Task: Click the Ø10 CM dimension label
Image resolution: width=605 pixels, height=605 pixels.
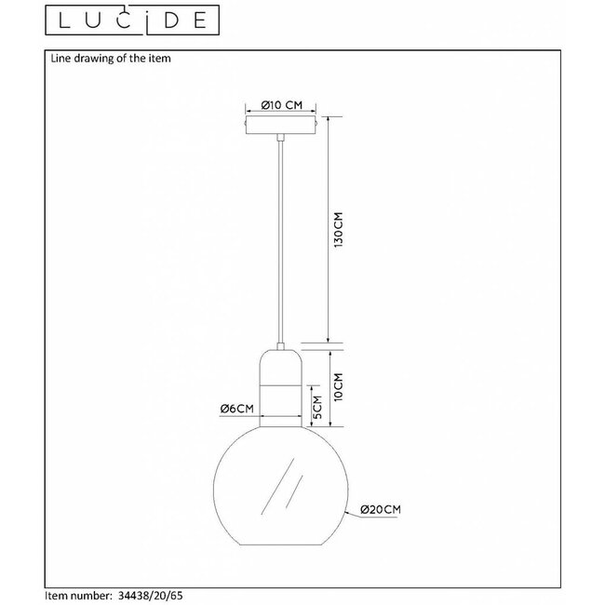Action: [x=281, y=104]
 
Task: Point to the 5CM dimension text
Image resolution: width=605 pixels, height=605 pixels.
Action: [x=316, y=406]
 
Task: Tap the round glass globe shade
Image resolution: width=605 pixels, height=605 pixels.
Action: [x=281, y=493]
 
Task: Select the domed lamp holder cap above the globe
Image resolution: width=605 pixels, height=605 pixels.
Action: [x=281, y=363]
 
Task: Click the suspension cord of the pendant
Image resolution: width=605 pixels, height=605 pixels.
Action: [x=281, y=242]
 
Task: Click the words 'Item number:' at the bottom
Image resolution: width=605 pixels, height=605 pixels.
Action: [x=82, y=591]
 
